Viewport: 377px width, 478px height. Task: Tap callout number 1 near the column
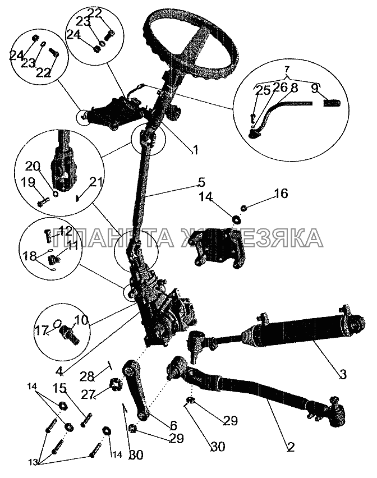(196, 150)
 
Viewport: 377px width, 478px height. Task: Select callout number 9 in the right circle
(315, 89)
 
